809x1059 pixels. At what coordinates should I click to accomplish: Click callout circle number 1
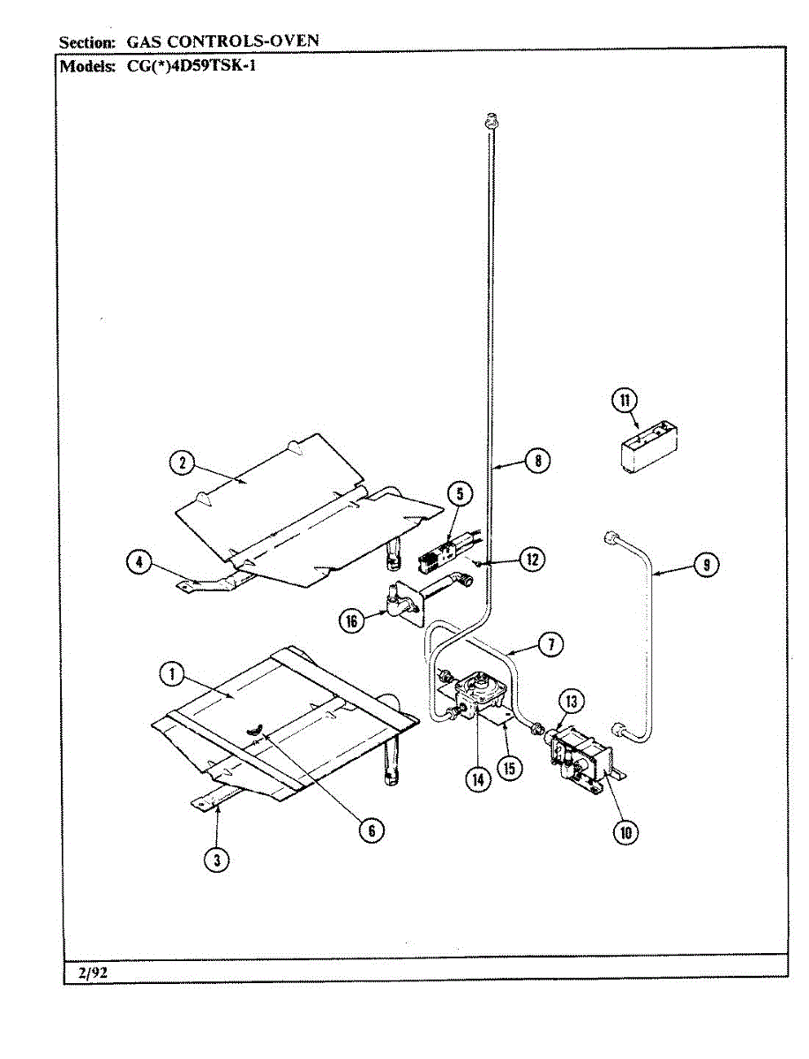[x=170, y=675]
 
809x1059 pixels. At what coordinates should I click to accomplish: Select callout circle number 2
[x=182, y=463]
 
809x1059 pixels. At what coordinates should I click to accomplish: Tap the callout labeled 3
[x=216, y=860]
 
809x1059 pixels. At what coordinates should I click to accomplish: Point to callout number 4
[x=139, y=562]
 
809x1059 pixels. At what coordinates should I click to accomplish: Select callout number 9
[x=706, y=564]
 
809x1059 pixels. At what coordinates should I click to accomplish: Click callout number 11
[x=625, y=402]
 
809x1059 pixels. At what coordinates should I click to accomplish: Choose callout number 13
[x=573, y=702]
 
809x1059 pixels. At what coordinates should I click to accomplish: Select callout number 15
[x=508, y=768]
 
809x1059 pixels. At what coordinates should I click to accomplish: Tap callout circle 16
[x=353, y=621]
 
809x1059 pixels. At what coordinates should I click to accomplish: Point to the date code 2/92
[x=91, y=973]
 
